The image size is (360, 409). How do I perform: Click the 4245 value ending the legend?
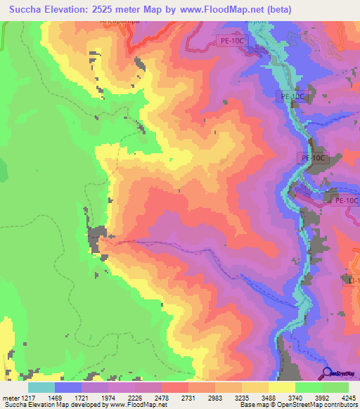pos(347,397)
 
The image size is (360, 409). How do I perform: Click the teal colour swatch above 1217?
pos(41,387)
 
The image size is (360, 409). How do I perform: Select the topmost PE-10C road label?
pos(231,41)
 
